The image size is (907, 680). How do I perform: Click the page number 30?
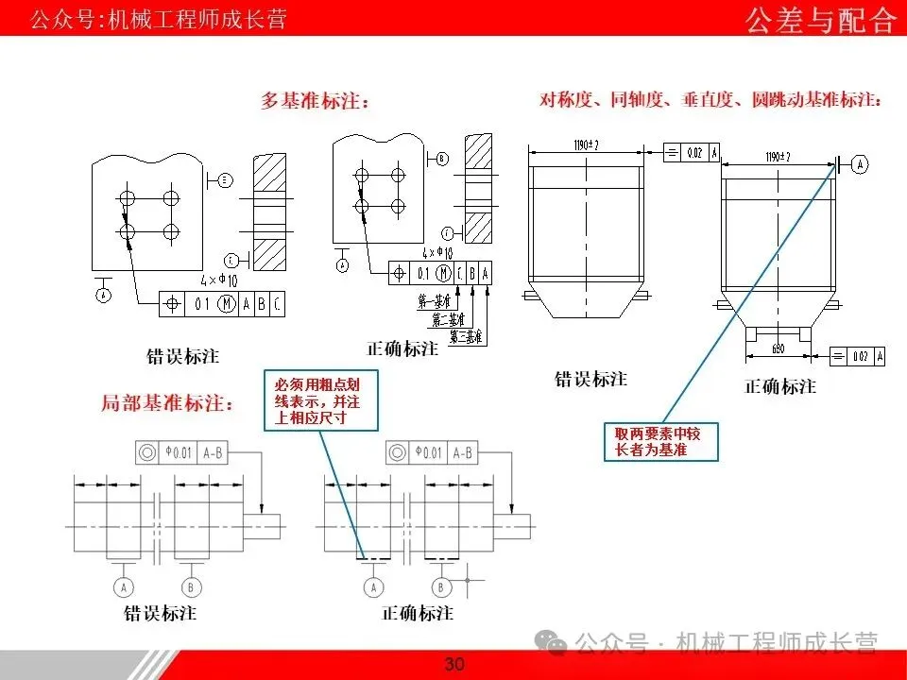(x=454, y=665)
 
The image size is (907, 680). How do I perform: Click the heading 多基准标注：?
(x=316, y=101)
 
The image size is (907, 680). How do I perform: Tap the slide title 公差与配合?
(x=820, y=19)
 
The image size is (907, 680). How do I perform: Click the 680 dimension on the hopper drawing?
(x=779, y=348)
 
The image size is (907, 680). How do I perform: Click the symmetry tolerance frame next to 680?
(x=858, y=356)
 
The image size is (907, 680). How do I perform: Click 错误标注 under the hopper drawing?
(x=590, y=379)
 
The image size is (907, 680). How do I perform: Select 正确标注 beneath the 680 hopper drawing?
(x=780, y=386)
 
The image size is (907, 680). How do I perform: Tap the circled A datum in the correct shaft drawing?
(x=372, y=586)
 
